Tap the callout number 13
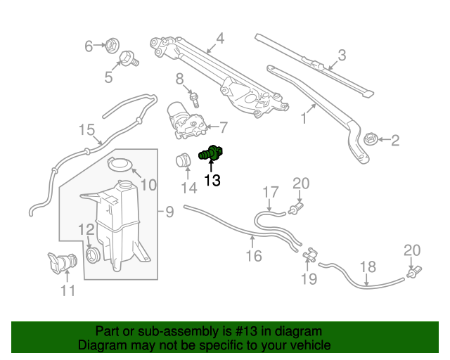(212, 181)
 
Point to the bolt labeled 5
(128, 59)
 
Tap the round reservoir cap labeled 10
(121, 167)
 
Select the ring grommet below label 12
(91, 254)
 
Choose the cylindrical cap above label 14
(184, 161)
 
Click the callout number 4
(220, 39)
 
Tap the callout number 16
(253, 257)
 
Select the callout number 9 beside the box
(169, 211)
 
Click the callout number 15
(86, 130)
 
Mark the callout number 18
(368, 266)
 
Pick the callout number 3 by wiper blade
(342, 55)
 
